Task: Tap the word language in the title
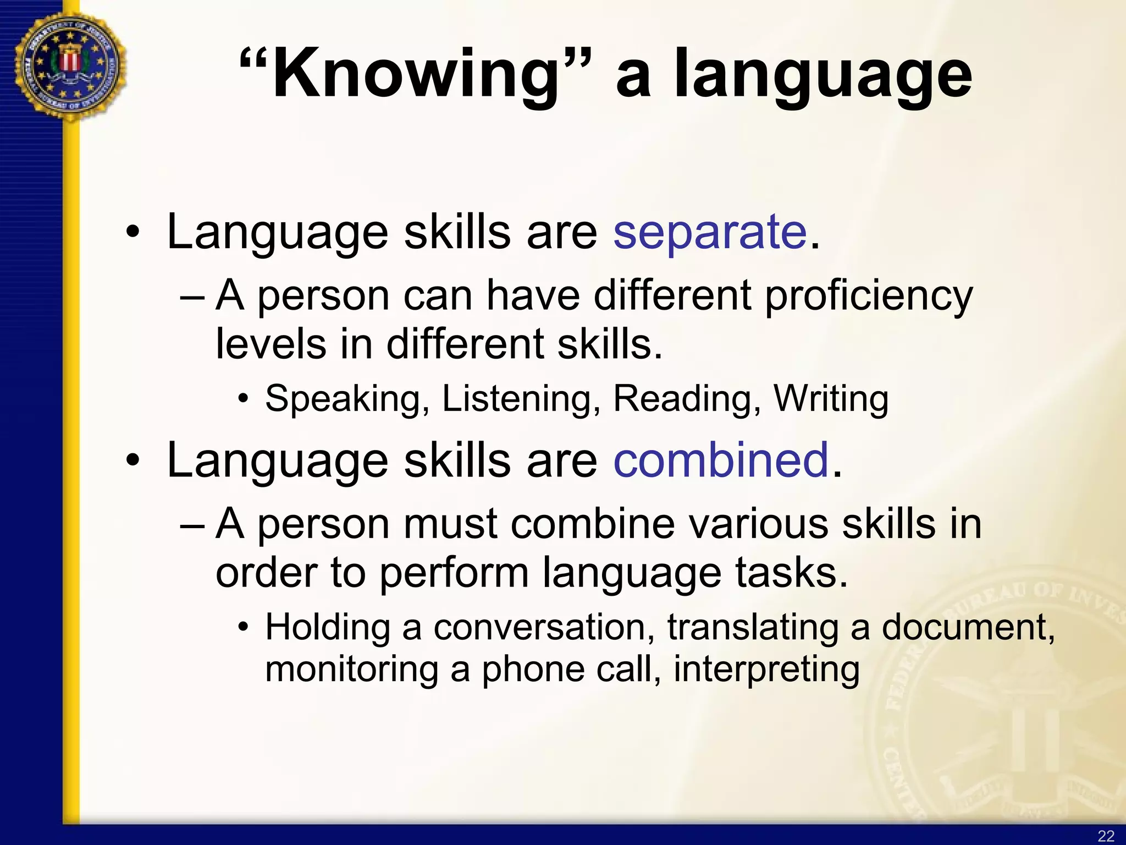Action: coord(823,77)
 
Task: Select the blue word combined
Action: coord(721,460)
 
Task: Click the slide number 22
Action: coord(1106,836)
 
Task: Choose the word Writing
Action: coord(831,399)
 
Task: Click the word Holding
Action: coord(328,627)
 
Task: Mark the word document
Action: coord(968,627)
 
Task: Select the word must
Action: coord(450,524)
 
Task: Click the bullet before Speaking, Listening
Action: coord(244,399)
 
